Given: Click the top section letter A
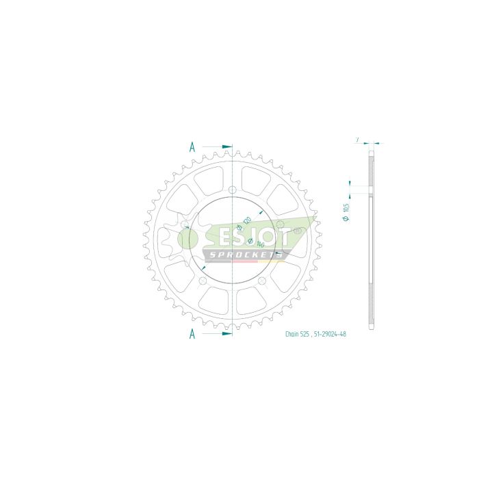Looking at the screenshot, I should click(x=193, y=146).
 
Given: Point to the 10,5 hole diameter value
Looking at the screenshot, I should click(x=346, y=206).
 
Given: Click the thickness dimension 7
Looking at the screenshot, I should click(x=357, y=139).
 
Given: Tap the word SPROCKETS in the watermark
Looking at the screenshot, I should click(x=245, y=255).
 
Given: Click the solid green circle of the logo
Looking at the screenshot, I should click(x=187, y=238).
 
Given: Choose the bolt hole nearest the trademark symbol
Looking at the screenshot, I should click(x=279, y=223).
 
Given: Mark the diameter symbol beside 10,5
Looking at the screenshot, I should click(x=346, y=218).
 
